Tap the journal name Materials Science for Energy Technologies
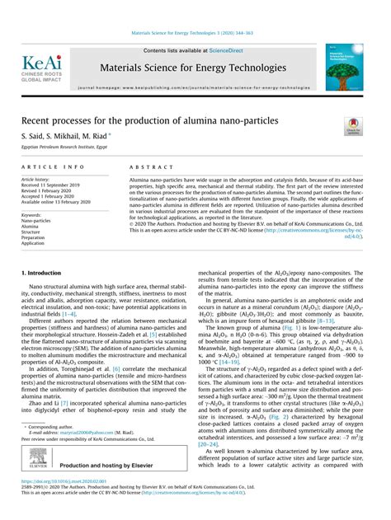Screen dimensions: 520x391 194,67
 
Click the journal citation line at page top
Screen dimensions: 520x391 195,34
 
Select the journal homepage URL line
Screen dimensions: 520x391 194,87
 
